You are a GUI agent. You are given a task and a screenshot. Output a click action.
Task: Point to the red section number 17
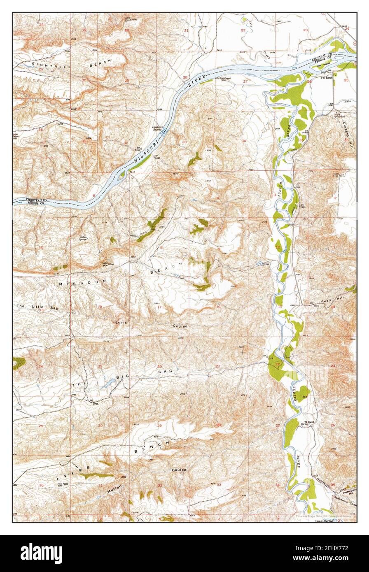click(x=159, y=307)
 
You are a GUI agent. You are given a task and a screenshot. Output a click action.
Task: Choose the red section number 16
click(x=219, y=307)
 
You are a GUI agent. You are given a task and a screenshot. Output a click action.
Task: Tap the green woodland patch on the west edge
click(x=19, y=363)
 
